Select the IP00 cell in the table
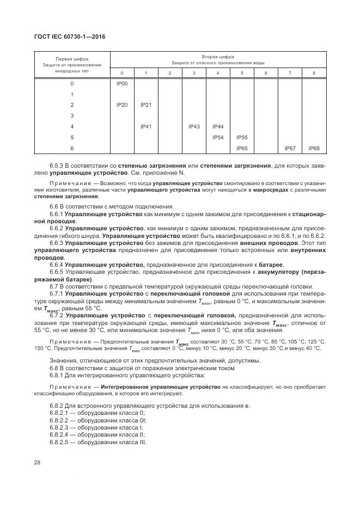point(122,83)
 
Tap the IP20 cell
point(122,105)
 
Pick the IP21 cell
point(146,105)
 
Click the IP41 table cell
point(146,126)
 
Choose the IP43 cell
point(194,126)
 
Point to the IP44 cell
point(218,126)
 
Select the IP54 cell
point(218,137)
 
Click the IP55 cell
point(242,137)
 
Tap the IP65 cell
point(242,148)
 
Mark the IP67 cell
point(290,148)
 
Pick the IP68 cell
point(314,148)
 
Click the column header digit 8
point(314,73)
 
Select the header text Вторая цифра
point(218,56)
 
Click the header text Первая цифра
point(72,59)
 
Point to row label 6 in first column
point(72,148)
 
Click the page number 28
point(38,462)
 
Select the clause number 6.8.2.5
point(61,442)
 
